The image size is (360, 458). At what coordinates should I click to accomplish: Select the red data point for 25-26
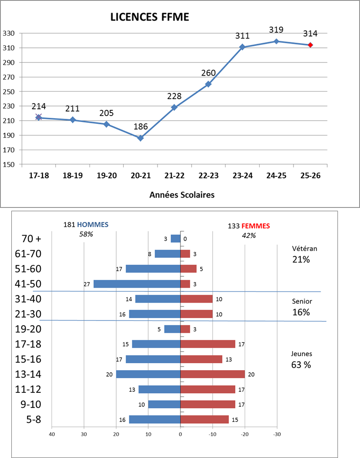(x=310, y=45)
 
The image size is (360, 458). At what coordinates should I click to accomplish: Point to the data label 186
(x=140, y=126)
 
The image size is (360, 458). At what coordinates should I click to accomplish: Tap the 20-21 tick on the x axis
(x=140, y=176)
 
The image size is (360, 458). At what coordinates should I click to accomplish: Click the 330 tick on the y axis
(x=8, y=33)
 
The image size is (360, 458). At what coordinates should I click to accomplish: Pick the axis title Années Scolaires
(x=182, y=195)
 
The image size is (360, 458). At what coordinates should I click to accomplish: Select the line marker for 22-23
(x=208, y=84)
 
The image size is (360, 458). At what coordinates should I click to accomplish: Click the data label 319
(x=276, y=30)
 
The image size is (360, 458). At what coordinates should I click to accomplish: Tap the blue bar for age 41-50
(x=137, y=284)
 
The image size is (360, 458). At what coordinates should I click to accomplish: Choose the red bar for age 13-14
(x=212, y=374)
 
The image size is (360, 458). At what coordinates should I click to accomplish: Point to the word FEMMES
(x=255, y=226)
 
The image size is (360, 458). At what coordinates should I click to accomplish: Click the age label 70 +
(x=31, y=238)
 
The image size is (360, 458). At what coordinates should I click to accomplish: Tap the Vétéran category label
(x=301, y=249)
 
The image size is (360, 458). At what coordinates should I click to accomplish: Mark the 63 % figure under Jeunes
(x=301, y=365)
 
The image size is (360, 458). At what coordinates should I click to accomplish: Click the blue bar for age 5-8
(x=155, y=419)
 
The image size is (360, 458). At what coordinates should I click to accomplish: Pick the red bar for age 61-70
(x=185, y=254)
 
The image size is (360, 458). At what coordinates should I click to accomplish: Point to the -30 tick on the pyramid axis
(x=277, y=434)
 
